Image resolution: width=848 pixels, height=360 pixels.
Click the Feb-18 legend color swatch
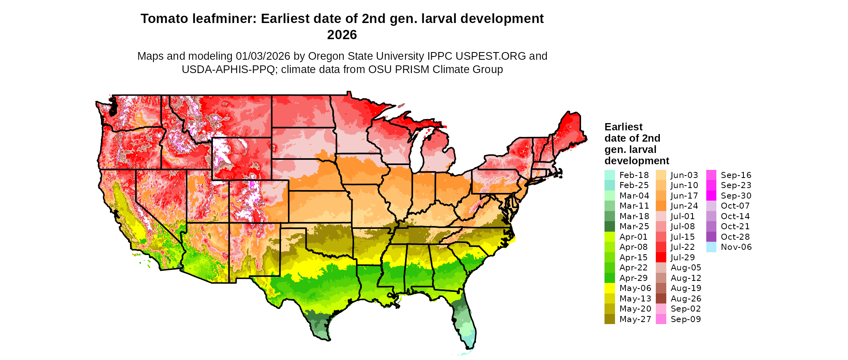click(x=609, y=175)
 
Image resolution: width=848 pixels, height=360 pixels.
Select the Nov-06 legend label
click(x=736, y=247)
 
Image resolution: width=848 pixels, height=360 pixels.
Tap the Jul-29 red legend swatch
click(x=661, y=257)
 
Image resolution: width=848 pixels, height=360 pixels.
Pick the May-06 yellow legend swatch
click(x=609, y=288)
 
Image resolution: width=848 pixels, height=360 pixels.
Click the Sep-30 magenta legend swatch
click(x=712, y=196)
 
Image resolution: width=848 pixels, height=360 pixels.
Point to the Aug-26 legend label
click(x=686, y=299)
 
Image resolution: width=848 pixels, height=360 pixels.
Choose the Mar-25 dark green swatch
click(x=609, y=226)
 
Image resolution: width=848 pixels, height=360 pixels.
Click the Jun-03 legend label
click(x=684, y=175)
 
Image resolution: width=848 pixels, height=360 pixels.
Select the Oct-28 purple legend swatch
click(x=712, y=237)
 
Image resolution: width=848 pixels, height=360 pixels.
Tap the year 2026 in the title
click(x=342, y=35)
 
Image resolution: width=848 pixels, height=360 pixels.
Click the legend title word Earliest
click(x=623, y=127)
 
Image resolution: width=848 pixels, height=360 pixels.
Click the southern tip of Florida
click(x=469, y=347)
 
